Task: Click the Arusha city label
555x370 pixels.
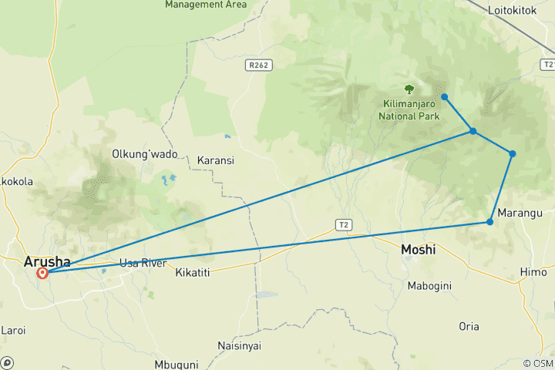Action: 47,261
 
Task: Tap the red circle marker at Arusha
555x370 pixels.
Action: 42,273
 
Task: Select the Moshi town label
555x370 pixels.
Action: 419,250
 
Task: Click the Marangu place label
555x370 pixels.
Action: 520,213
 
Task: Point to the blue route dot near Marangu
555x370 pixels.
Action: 489,222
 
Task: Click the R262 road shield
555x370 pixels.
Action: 258,66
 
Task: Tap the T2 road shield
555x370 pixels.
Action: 343,224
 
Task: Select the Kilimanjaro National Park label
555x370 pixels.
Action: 409,109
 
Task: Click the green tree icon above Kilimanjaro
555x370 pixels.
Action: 409,89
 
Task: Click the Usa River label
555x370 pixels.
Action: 143,264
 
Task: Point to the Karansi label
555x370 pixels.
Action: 216,160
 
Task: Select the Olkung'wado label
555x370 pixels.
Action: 145,153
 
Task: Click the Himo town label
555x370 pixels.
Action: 533,272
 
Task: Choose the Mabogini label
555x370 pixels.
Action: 429,286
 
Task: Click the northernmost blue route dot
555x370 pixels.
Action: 445,96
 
